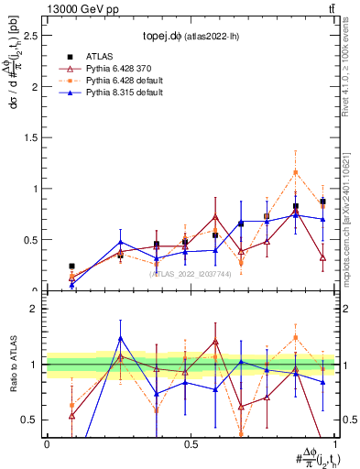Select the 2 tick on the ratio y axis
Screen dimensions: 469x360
coord(38,309)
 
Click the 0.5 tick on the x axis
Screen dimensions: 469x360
coord(191,443)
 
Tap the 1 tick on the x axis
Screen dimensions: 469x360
coord(335,443)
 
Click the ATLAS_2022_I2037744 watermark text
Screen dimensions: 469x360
coord(191,273)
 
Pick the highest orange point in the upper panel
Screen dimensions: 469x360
coord(295,172)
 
